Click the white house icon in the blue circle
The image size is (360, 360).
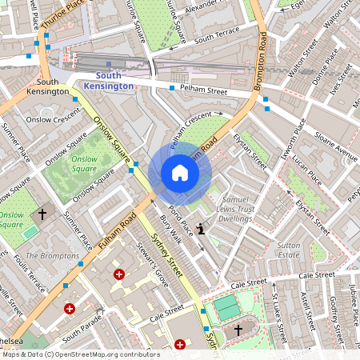179,173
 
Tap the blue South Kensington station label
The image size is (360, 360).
109,80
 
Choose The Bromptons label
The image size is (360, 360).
54,256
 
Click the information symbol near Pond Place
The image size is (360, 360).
201,230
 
